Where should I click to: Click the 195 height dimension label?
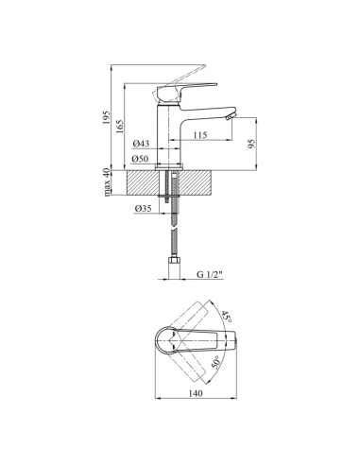point(106,117)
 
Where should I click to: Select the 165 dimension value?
point(120,126)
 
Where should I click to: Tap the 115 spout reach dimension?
point(200,135)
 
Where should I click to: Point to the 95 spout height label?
point(251,144)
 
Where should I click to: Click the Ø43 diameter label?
point(141,144)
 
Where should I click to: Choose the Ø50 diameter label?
point(141,159)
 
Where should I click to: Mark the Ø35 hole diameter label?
point(144,208)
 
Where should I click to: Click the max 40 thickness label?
point(107,182)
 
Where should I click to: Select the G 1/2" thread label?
point(210,274)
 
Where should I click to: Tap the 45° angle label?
point(226,316)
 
